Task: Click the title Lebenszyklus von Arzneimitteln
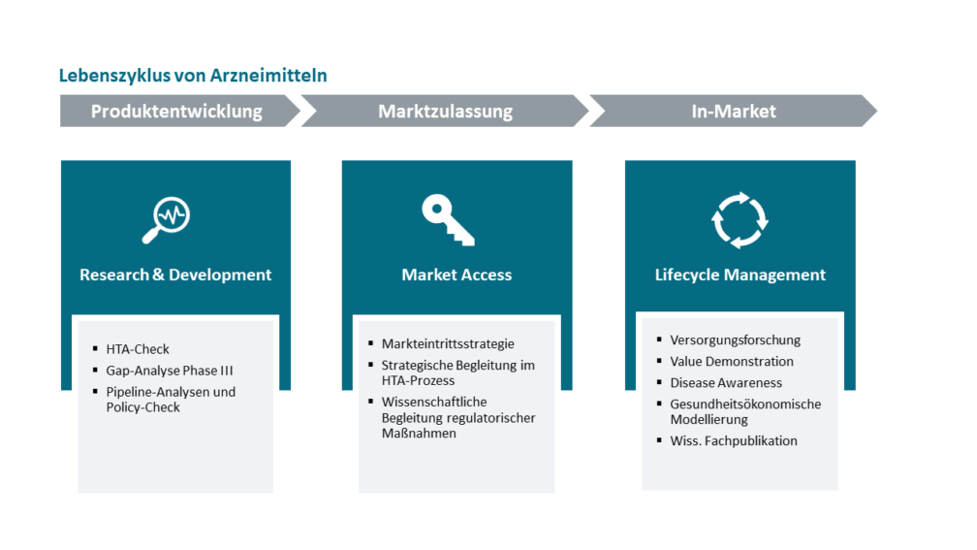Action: [x=193, y=76]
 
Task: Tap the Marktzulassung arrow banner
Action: [x=445, y=111]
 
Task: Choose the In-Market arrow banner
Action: [x=734, y=111]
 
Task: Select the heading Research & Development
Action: [x=175, y=275]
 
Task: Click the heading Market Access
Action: [x=457, y=275]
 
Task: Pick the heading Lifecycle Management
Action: [x=741, y=275]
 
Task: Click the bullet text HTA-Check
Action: [x=138, y=349]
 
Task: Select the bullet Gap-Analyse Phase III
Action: [x=170, y=371]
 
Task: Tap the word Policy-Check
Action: [x=142, y=407]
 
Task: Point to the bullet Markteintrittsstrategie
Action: [x=448, y=343]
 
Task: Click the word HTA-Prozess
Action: [x=418, y=380]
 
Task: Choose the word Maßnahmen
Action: [x=419, y=433]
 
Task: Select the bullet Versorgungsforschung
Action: [x=736, y=340]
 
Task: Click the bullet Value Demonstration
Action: [x=732, y=361]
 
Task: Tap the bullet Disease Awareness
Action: [x=726, y=382]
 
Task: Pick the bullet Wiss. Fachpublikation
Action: [x=734, y=440]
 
